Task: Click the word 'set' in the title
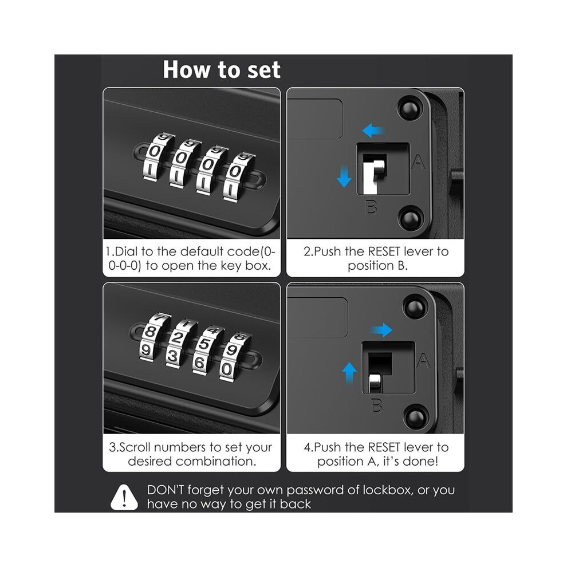pyautogui.click(x=264, y=70)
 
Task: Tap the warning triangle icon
pyautogui.click(x=124, y=498)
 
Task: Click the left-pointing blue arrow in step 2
pyautogui.click(x=373, y=130)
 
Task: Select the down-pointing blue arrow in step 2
pyautogui.click(x=344, y=176)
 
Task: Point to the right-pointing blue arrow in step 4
pyautogui.click(x=381, y=330)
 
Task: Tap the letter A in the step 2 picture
pyautogui.click(x=419, y=162)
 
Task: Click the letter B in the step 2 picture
pyautogui.click(x=372, y=207)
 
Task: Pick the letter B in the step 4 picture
pyautogui.click(x=377, y=405)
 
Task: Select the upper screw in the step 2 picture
pyautogui.click(x=409, y=108)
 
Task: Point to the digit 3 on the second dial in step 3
pyautogui.click(x=173, y=356)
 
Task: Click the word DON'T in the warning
pyautogui.click(x=166, y=490)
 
